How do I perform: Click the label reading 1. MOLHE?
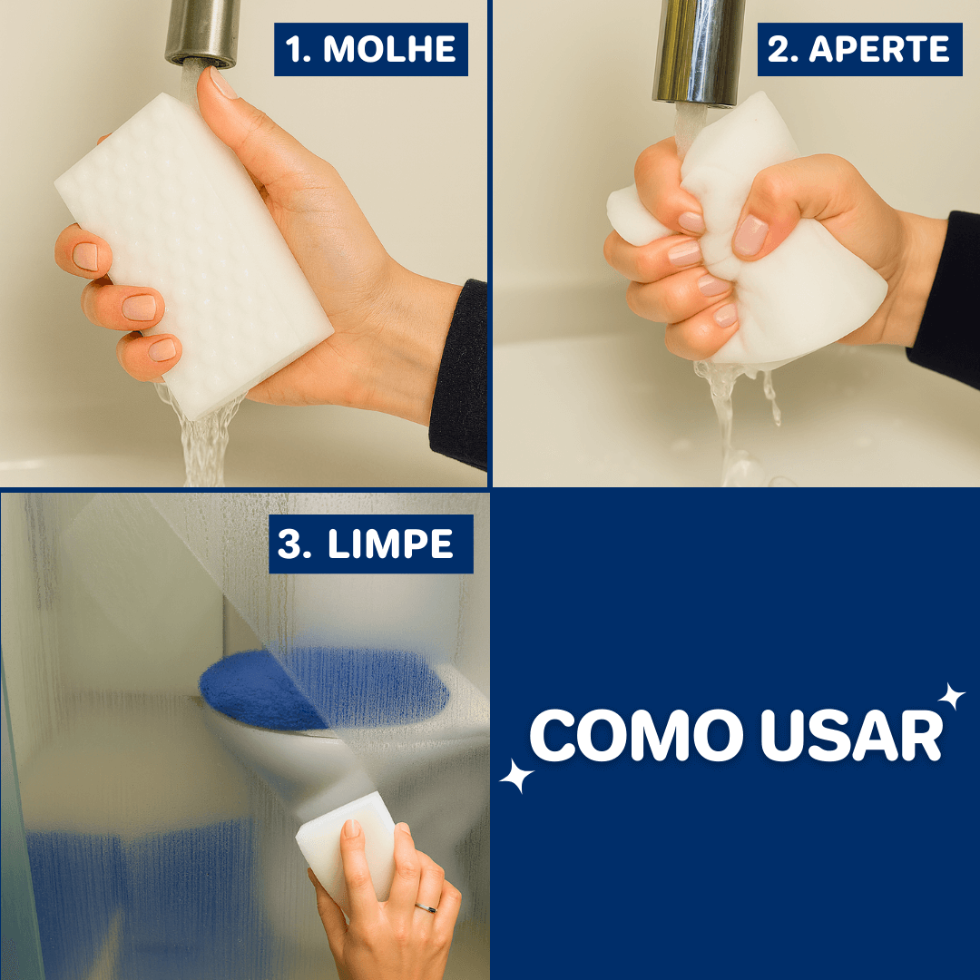click(x=371, y=49)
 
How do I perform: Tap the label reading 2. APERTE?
click(x=858, y=49)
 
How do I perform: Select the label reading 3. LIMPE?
click(x=370, y=544)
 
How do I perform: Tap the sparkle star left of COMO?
click(x=517, y=776)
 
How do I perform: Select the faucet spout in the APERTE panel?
click(x=698, y=50)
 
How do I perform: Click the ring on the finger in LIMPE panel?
click(x=425, y=906)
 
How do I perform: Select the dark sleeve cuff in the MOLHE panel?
click(x=461, y=372)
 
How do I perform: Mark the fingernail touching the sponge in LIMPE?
click(x=351, y=828)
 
